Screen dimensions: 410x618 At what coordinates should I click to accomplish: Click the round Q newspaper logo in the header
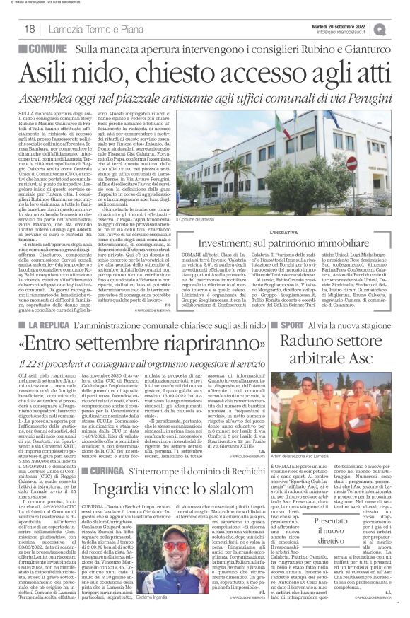[x=399, y=28]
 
